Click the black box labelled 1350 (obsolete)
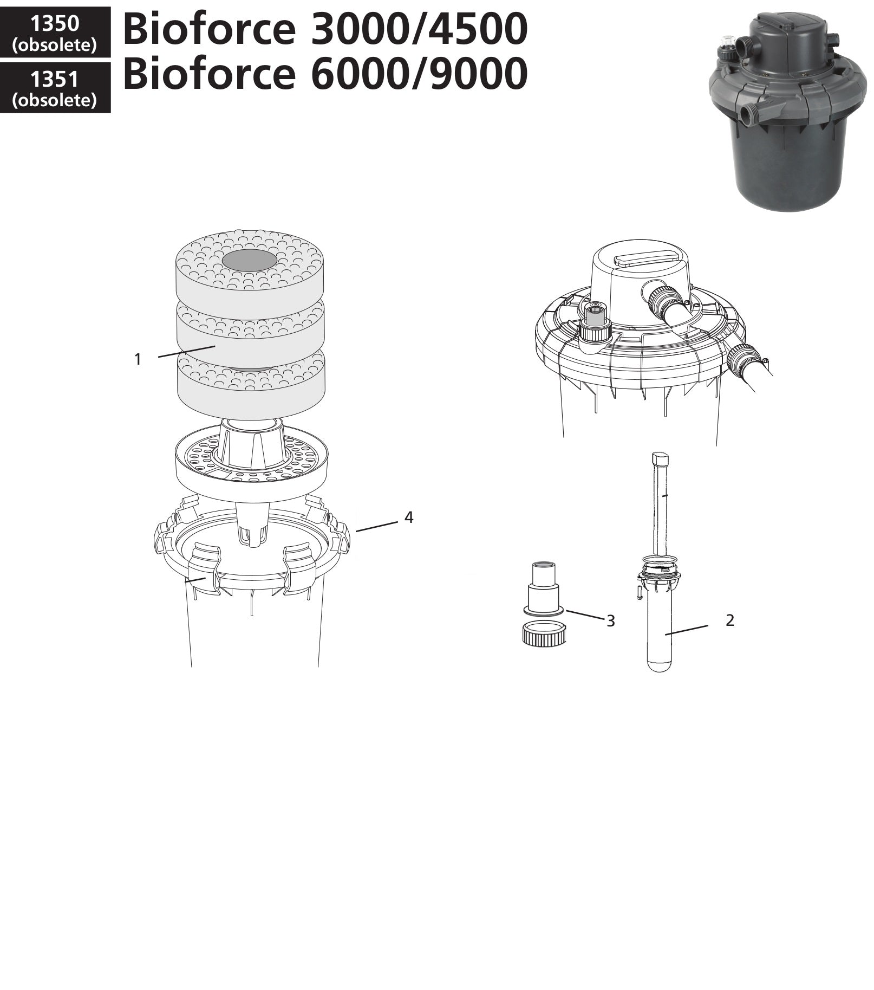click(55, 33)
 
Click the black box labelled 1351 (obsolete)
click(55, 88)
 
